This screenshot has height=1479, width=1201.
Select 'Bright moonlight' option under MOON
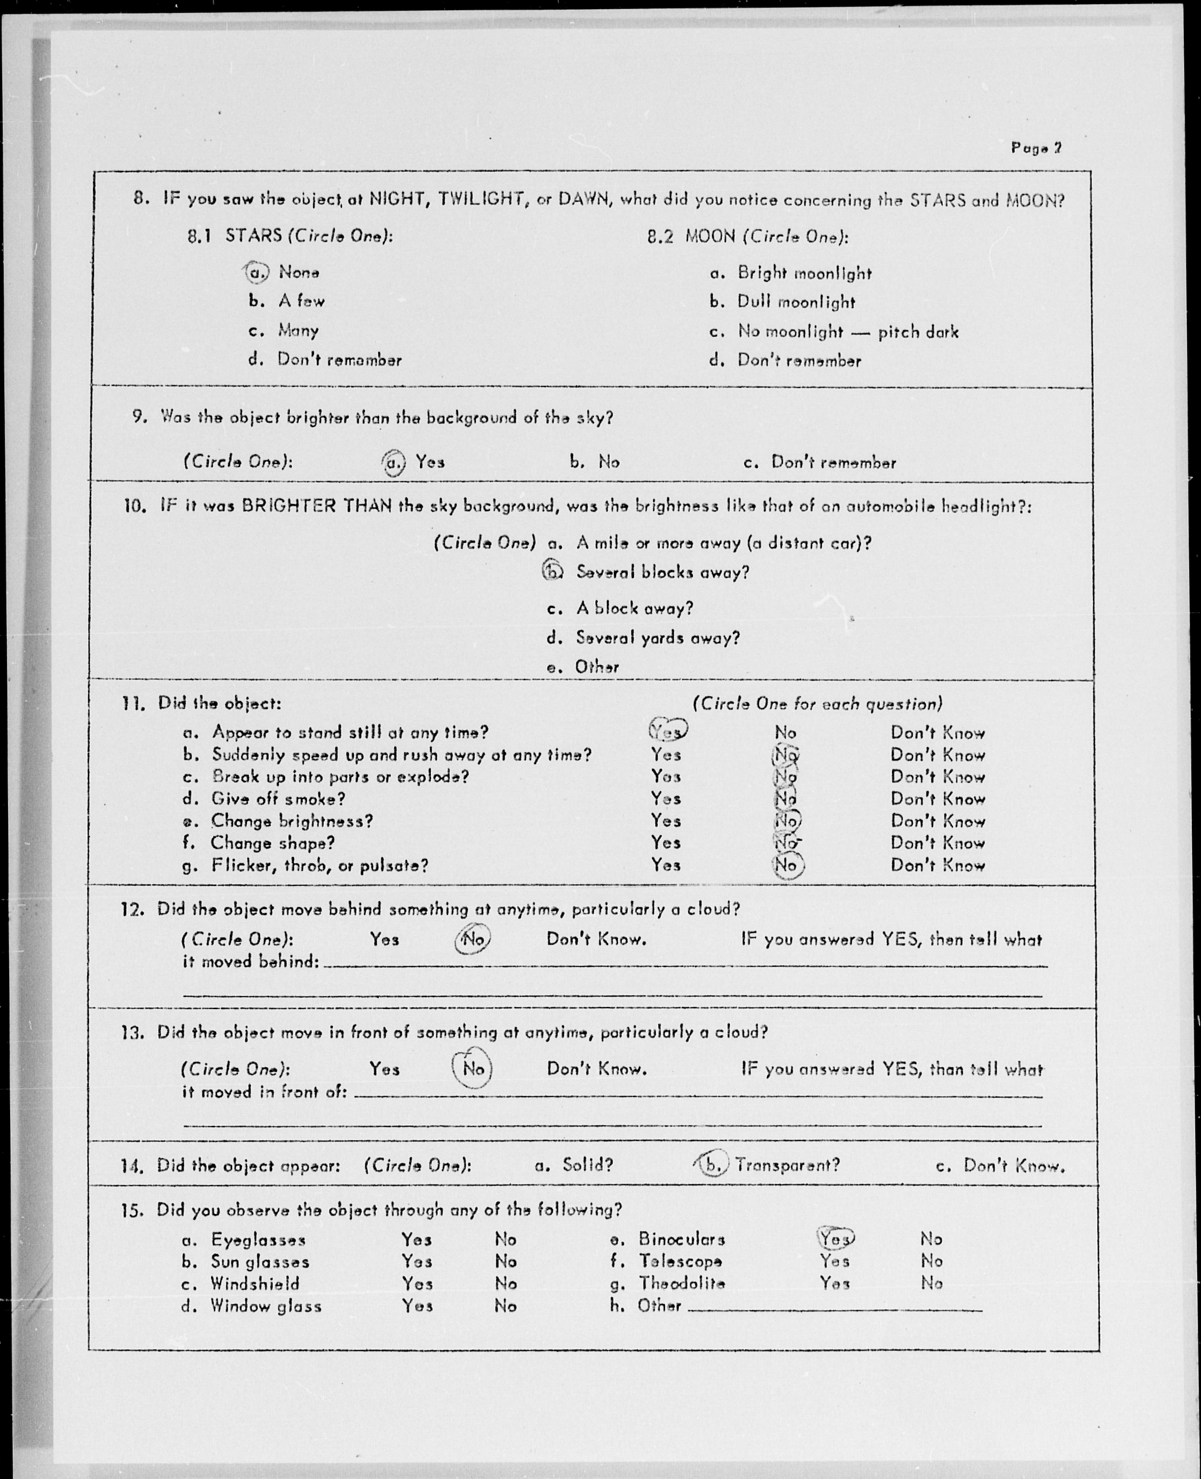[804, 274]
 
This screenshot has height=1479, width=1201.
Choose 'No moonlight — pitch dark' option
[848, 332]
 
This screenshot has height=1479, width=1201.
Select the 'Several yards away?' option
[657, 638]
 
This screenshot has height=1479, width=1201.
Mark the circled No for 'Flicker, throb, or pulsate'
[786, 865]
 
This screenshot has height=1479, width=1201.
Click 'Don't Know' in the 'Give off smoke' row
[938, 799]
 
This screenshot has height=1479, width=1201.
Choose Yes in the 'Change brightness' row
[665, 821]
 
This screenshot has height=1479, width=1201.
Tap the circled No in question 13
[472, 1069]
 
